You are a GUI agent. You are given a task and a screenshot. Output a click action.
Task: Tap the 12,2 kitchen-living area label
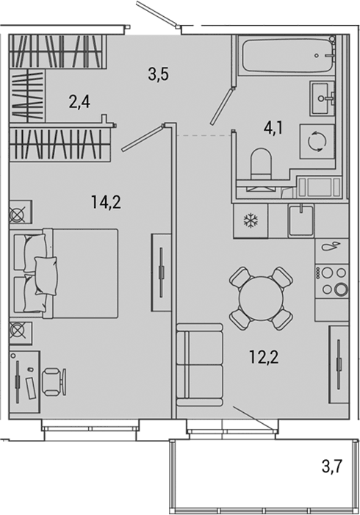(x=264, y=357)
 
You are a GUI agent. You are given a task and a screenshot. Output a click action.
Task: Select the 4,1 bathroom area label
(x=273, y=127)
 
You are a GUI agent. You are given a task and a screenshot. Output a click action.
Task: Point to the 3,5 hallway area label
(x=158, y=74)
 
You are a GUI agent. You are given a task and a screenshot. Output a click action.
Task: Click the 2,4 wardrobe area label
(x=79, y=102)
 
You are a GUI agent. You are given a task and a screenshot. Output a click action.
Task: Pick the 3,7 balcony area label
(x=332, y=466)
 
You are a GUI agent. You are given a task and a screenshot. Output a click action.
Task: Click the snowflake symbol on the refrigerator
(x=251, y=220)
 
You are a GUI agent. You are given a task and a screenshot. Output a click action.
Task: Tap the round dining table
(x=261, y=298)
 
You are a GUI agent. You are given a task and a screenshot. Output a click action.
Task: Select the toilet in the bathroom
(x=261, y=165)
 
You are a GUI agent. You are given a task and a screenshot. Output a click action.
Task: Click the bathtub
(x=287, y=56)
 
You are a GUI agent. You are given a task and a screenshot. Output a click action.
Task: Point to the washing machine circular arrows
(x=317, y=141)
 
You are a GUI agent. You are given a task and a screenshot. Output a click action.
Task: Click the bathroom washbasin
(x=323, y=97)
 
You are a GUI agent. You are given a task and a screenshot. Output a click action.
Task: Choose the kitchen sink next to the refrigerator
(x=301, y=220)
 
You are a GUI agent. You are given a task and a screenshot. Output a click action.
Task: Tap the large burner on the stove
(x=341, y=289)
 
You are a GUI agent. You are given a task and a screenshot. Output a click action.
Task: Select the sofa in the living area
(x=200, y=365)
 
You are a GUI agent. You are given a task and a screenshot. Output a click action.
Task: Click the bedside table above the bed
(x=21, y=212)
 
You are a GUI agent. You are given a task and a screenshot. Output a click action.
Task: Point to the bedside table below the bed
(x=21, y=333)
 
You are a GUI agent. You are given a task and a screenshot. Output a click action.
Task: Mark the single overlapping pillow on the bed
(x=46, y=276)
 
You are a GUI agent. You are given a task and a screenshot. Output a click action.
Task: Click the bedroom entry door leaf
(x=143, y=138)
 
